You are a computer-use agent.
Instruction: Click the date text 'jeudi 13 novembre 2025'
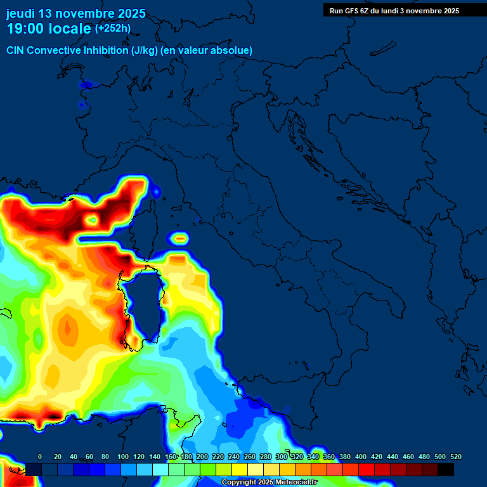click(76, 13)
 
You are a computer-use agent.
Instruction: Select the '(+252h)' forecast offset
click(113, 29)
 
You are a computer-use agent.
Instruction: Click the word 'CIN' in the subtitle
click(16, 50)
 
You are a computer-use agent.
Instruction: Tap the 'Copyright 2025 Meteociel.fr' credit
click(269, 482)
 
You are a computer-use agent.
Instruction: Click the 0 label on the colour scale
click(40, 457)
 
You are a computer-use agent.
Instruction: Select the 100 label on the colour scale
click(123, 457)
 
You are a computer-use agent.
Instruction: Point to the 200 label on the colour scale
click(202, 457)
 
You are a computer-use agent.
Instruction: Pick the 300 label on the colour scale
click(282, 457)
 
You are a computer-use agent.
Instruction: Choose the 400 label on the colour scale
click(361, 457)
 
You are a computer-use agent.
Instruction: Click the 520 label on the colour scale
click(455, 457)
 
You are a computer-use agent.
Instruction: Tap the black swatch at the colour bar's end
click(446, 469)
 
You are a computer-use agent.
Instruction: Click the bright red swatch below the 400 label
click(367, 469)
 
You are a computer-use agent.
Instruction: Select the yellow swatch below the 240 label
click(240, 469)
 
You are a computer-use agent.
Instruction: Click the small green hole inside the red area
click(93, 220)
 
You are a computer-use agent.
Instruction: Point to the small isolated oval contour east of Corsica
click(181, 239)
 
